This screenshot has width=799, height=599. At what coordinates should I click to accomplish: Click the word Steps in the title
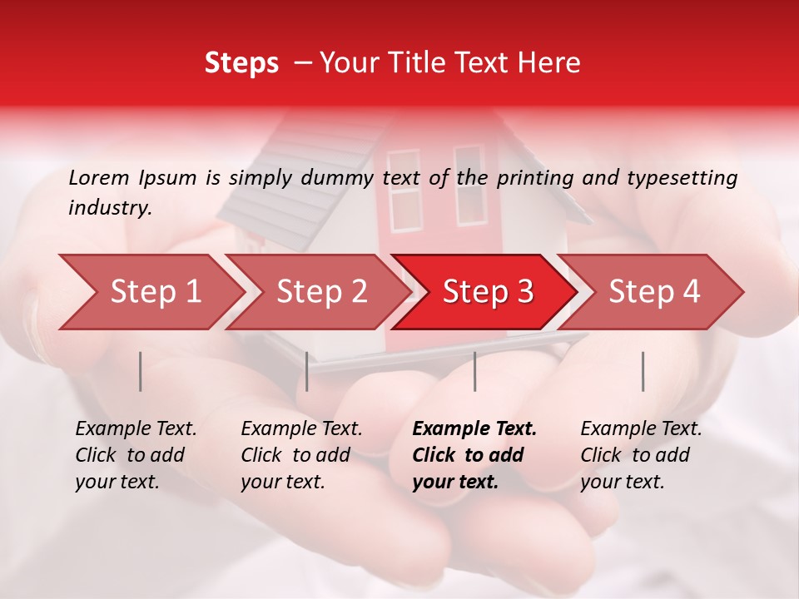(241, 63)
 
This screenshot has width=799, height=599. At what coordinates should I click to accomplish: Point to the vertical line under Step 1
(141, 371)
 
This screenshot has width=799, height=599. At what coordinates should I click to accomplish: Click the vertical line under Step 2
(307, 371)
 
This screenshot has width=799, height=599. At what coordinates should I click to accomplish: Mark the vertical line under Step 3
(474, 371)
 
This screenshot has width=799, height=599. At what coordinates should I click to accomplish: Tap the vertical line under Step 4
(643, 371)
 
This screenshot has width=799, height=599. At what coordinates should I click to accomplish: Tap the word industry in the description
(110, 208)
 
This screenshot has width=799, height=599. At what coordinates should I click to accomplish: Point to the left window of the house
(404, 191)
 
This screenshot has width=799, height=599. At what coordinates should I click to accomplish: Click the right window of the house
(469, 186)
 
